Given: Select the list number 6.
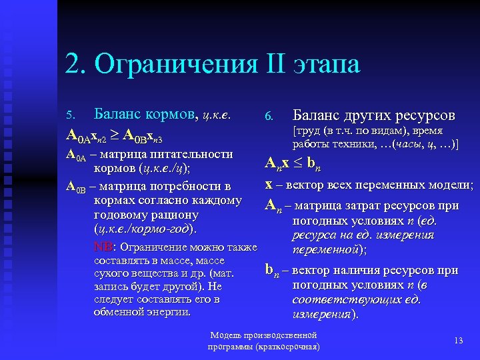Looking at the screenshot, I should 268,117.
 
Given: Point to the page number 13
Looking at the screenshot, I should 458,341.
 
